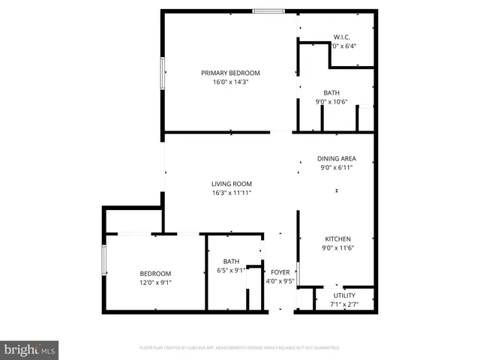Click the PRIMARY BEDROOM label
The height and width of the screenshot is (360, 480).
(x=230, y=73)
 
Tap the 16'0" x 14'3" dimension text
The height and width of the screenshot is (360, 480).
(x=230, y=82)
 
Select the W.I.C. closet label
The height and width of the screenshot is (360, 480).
(x=342, y=37)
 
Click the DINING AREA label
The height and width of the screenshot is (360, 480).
(x=336, y=158)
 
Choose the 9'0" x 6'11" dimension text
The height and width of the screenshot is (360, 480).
(x=336, y=167)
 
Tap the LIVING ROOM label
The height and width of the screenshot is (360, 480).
(x=231, y=184)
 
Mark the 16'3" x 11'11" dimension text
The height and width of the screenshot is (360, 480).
(x=231, y=193)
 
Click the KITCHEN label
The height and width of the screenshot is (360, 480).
(x=336, y=239)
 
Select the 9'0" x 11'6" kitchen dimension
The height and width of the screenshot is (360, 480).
(x=336, y=248)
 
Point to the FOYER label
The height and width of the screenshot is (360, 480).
(x=280, y=272)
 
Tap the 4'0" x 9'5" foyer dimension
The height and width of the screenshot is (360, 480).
(x=280, y=281)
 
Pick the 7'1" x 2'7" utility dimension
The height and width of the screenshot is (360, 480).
(x=344, y=305)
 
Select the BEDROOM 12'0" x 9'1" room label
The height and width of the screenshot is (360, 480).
(x=155, y=274)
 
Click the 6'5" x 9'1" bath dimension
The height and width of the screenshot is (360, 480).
(x=231, y=270)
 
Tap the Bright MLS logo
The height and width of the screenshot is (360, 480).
(x=30, y=349)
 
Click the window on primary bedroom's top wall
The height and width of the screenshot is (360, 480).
(x=268, y=11)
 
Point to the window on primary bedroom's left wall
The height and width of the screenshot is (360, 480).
(x=163, y=74)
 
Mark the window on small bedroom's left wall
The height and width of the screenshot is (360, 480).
(x=104, y=260)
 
